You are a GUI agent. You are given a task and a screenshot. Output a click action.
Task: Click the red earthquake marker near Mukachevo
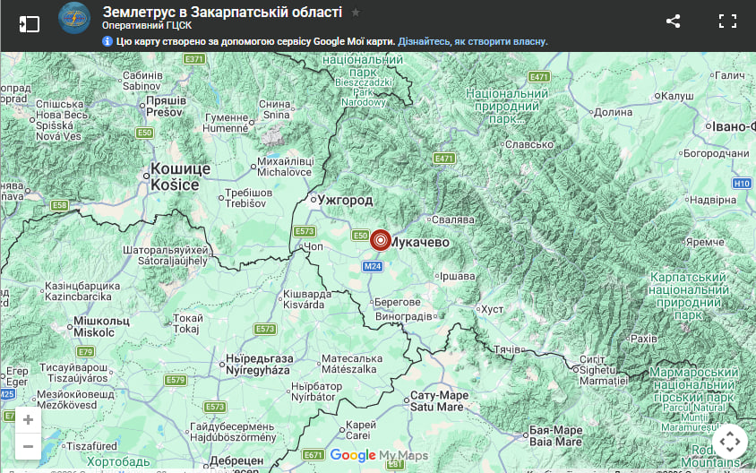tap(381, 240)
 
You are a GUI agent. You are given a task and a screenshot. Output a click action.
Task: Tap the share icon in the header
tap(674, 21)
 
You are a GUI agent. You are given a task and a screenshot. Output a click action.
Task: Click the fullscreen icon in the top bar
tap(727, 21)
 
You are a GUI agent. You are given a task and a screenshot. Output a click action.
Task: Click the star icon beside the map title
tap(356, 13)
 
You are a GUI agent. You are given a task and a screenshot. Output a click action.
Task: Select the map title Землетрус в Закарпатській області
tap(222, 12)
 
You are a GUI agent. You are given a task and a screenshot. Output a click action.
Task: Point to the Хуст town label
tap(493, 309)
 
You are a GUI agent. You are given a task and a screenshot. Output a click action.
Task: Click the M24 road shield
tap(373, 266)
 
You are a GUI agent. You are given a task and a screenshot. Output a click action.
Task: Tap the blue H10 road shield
tap(741, 184)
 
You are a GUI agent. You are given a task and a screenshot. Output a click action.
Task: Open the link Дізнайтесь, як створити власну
tap(473, 41)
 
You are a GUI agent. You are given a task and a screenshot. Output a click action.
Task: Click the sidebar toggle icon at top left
tap(30, 23)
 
